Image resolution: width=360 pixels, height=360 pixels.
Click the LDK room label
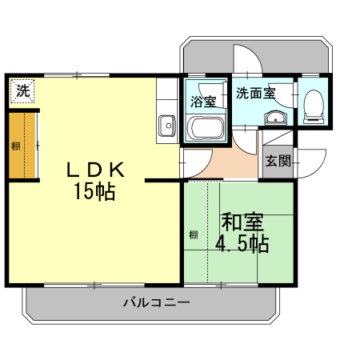(x=95, y=170)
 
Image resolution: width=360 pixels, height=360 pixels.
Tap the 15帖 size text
(x=94, y=191)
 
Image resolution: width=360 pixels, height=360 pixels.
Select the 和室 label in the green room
(x=242, y=222)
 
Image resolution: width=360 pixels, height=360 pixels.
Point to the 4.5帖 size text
(x=242, y=243)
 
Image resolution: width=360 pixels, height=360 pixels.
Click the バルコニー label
(x=157, y=302)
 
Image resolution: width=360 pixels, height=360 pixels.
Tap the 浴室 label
(x=203, y=102)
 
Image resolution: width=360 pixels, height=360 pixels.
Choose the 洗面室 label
(x=255, y=93)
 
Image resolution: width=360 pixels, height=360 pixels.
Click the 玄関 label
(x=278, y=161)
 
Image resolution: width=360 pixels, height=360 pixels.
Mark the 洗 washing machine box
(x=22, y=90)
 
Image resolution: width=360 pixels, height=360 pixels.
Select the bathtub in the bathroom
(x=206, y=129)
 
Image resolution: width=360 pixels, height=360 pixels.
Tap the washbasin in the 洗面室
(x=275, y=118)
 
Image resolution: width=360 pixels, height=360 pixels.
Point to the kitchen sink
(x=167, y=126)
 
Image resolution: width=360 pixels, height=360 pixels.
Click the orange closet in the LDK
(x=22, y=146)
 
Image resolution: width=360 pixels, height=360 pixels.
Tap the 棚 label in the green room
(x=194, y=234)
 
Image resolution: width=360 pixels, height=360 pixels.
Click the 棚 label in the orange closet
(x=16, y=146)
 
